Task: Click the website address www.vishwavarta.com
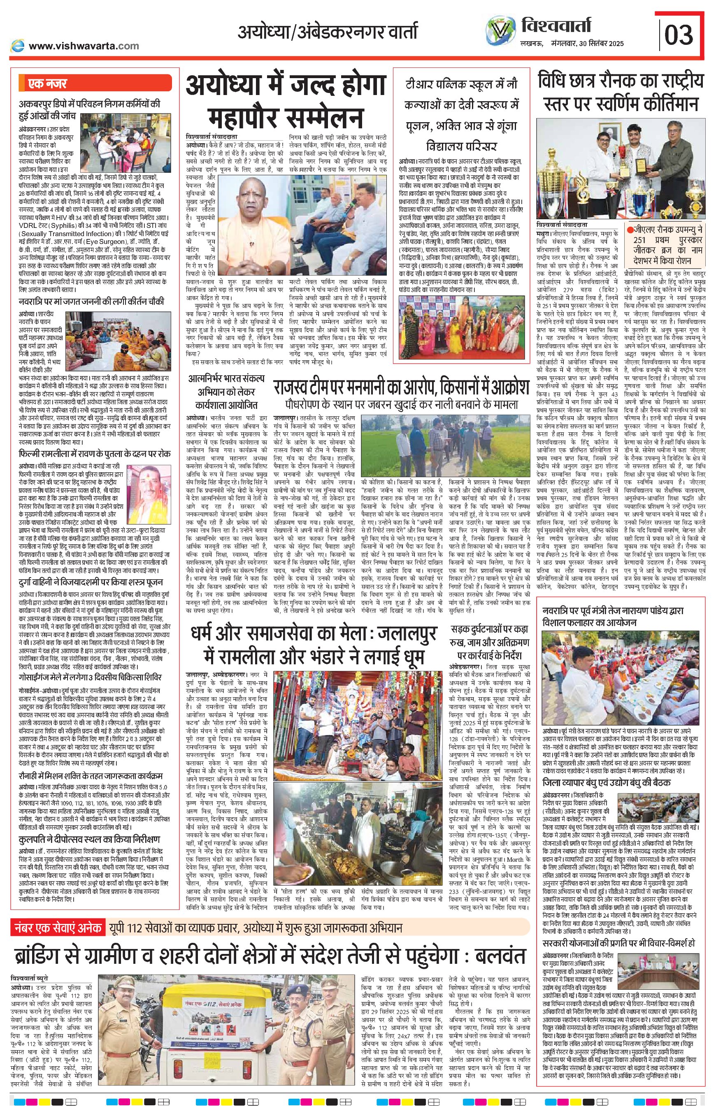84,46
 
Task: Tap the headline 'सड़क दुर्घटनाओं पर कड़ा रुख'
489,636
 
